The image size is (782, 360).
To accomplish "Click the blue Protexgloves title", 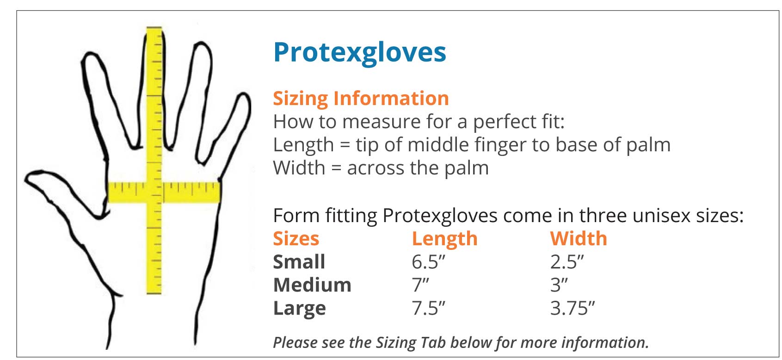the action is coord(360,53).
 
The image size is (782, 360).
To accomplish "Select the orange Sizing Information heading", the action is coord(361,99).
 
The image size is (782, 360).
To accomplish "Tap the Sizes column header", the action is coord(296,239).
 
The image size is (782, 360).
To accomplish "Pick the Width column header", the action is coord(579,239).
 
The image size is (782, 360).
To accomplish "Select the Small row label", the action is coord(299,262).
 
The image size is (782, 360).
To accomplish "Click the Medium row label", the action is coord(312,285).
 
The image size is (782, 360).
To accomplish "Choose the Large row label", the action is coord(299,309).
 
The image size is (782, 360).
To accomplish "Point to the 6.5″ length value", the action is coord(428,262).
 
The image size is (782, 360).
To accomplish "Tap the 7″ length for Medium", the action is coord(420,285).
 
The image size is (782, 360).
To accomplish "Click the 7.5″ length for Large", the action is coord(428,308).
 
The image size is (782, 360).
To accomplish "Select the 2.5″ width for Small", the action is coord(567,262).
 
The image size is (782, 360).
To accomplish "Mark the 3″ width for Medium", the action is coord(559,285).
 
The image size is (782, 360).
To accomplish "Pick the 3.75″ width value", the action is coord(573,308).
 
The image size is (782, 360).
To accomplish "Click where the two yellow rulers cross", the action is coord(154,192).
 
